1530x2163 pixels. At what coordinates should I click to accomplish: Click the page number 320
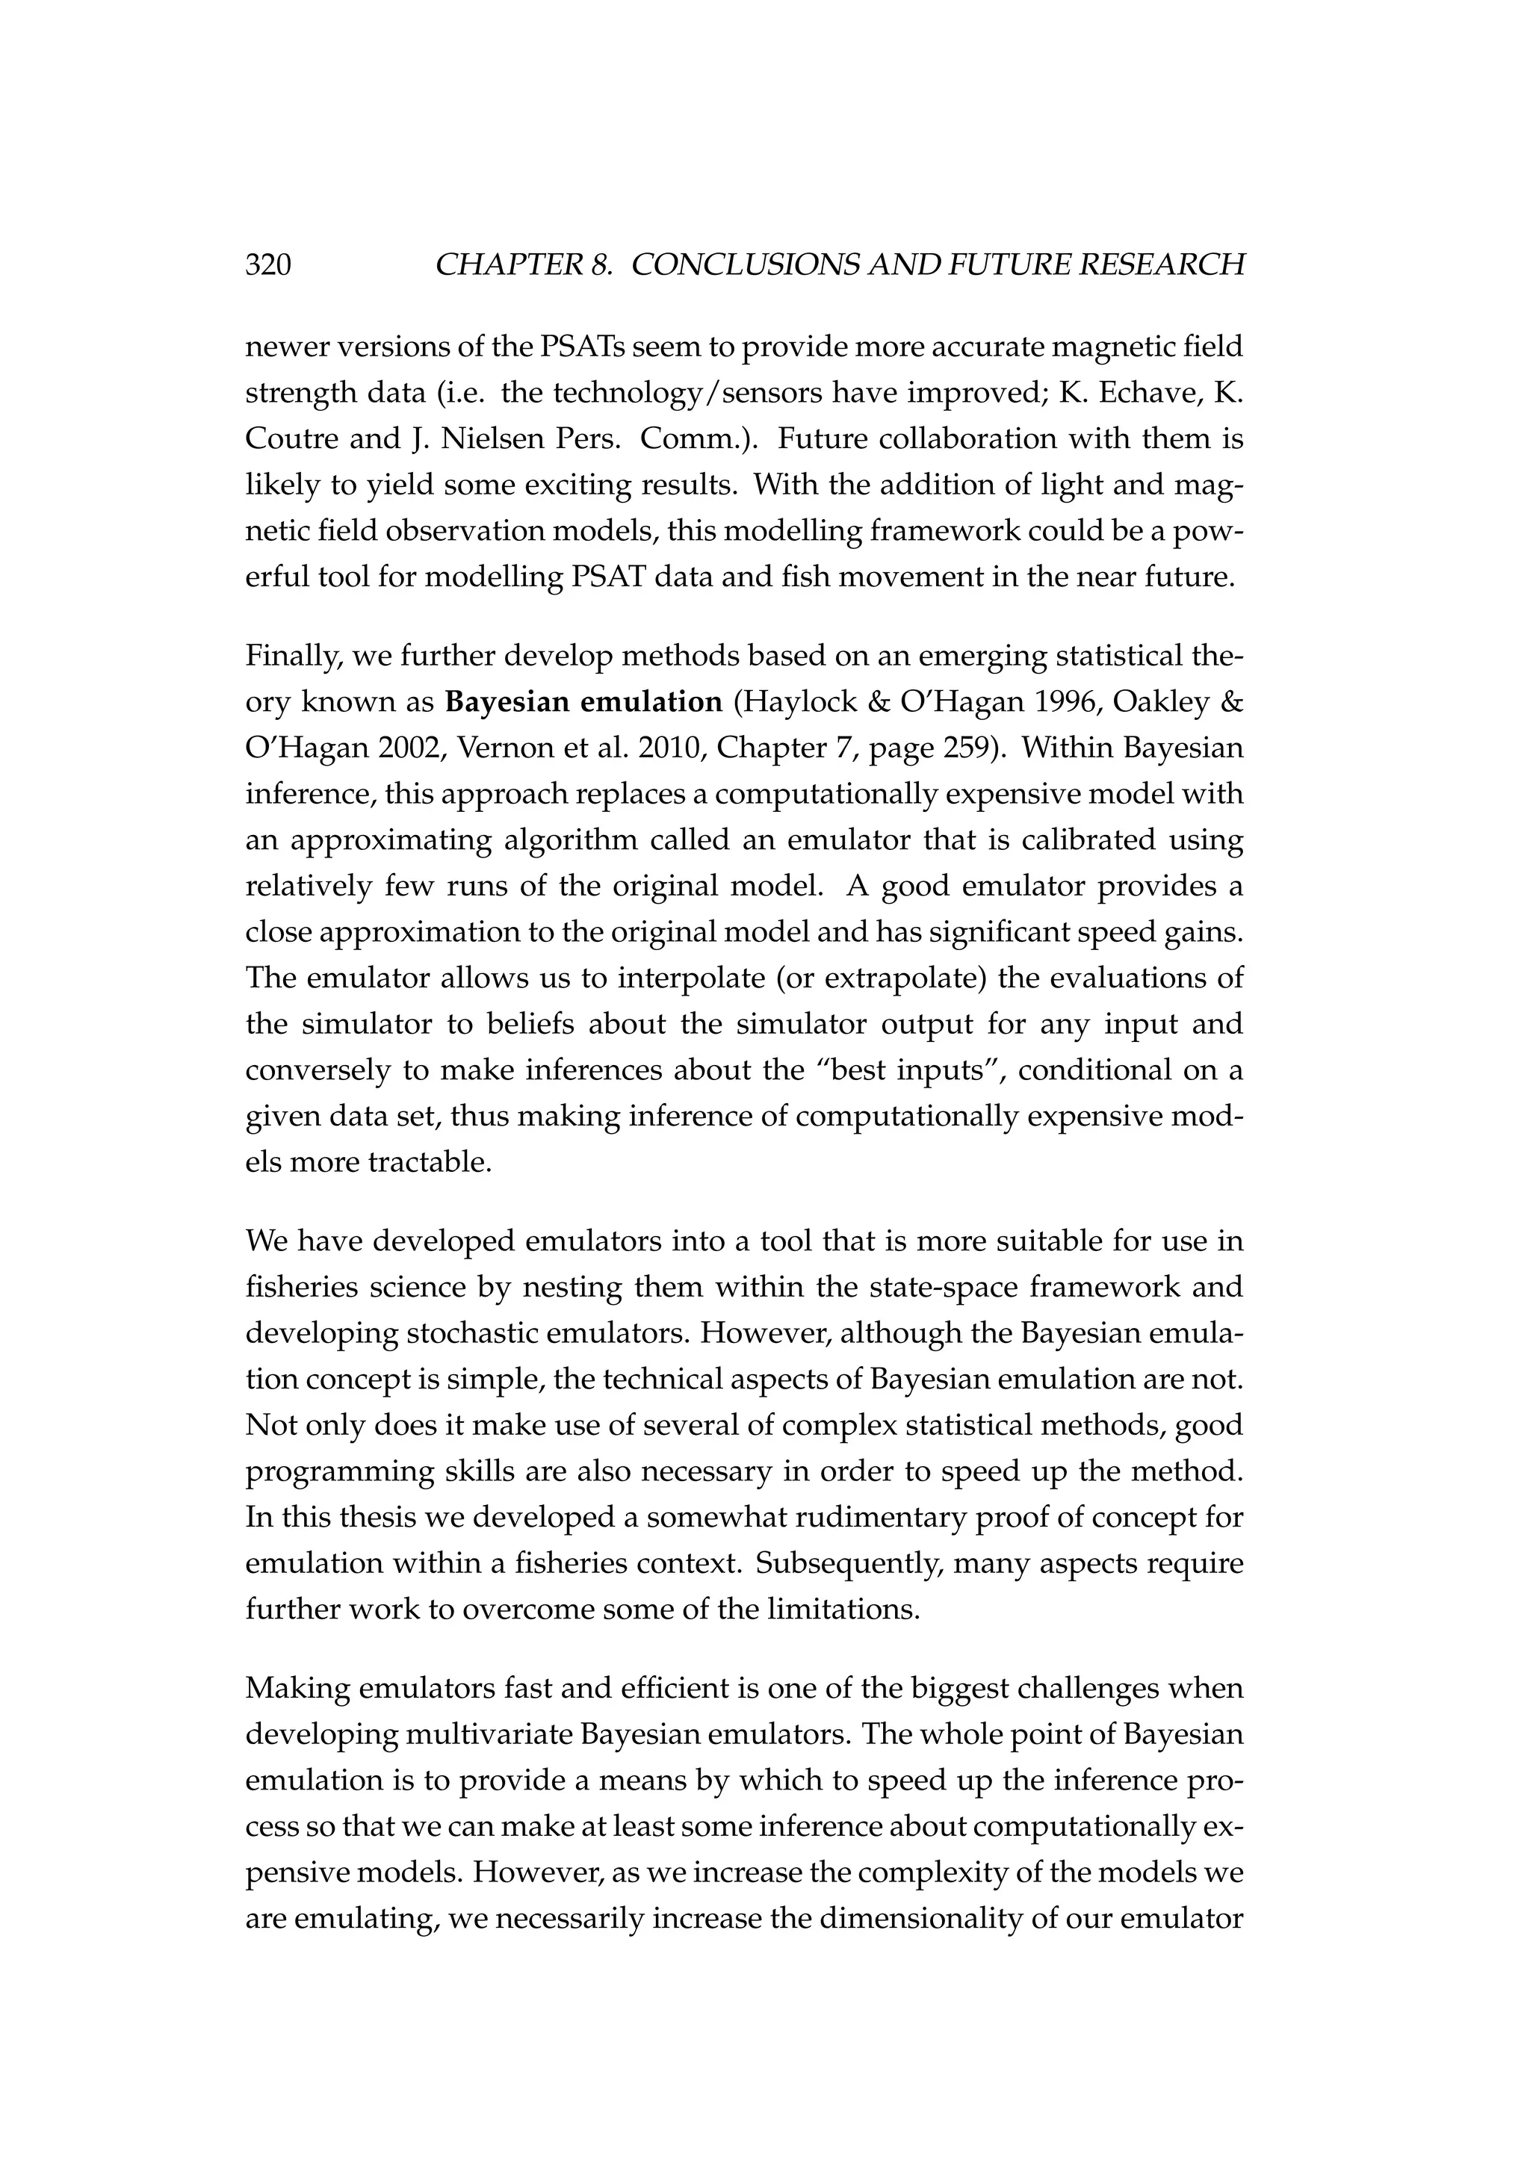tap(267, 266)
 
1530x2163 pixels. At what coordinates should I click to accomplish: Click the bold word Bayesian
tap(507, 703)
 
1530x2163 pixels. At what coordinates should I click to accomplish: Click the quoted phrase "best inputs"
tap(859, 1071)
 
